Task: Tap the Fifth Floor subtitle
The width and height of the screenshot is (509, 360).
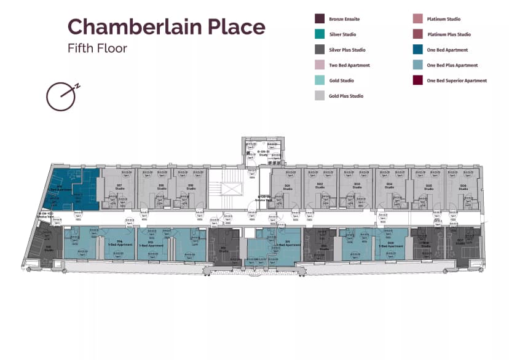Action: point(97,48)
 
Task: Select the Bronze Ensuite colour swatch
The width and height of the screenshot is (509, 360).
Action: point(320,20)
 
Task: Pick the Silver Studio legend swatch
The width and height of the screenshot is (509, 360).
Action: point(320,35)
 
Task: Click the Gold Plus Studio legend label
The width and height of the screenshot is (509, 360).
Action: point(346,96)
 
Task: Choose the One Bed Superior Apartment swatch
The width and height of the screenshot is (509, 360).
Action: point(419,80)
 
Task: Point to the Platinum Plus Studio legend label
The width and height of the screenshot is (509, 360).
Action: point(449,35)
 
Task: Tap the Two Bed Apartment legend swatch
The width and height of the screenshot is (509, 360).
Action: point(320,66)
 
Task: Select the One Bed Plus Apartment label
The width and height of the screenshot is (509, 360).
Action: point(452,66)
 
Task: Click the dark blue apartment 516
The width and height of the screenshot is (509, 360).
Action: point(74,190)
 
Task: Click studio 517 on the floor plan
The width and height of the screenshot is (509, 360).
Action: point(119,187)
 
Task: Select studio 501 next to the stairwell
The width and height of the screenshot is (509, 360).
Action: point(286,187)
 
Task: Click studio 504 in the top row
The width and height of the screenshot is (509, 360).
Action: point(389,187)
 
